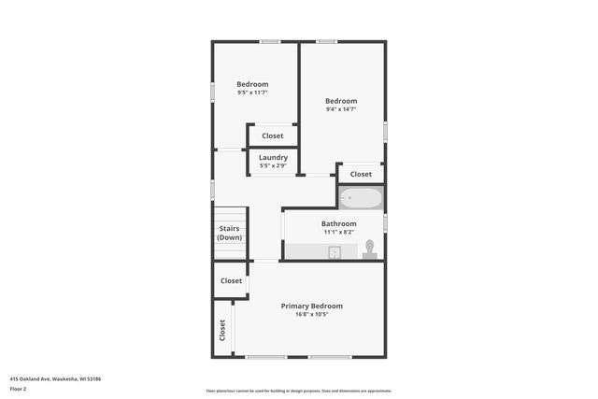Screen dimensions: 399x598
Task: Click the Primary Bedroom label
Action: point(312,306)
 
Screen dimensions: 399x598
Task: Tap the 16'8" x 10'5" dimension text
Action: point(312,314)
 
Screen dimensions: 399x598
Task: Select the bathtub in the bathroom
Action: point(360,198)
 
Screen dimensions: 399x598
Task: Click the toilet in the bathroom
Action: point(369,249)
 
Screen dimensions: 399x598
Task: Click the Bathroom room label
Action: point(338,223)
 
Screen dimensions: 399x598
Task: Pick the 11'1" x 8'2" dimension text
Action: point(338,232)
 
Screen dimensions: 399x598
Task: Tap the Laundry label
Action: point(273,157)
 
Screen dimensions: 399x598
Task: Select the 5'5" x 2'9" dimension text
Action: point(273,165)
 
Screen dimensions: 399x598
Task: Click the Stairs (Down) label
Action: point(229,233)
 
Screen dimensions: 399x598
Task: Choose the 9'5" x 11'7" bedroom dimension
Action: point(252,93)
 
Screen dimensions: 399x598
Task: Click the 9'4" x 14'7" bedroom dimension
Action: point(341,109)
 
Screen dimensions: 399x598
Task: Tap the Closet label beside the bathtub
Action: point(361,174)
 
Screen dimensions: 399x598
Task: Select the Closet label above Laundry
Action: point(273,135)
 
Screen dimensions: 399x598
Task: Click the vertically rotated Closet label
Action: point(222,329)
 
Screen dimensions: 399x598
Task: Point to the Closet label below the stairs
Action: point(231,280)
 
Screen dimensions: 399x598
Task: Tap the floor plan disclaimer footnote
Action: point(298,391)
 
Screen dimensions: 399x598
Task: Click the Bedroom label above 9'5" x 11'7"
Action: point(252,84)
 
